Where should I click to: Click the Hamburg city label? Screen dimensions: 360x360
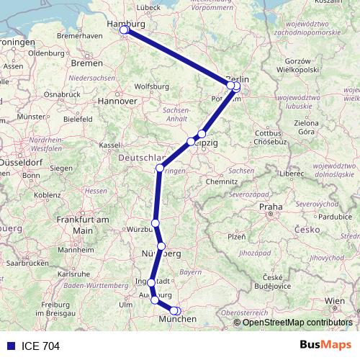126,23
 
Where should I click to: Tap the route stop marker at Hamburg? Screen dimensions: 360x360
124,30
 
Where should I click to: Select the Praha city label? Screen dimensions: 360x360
271,207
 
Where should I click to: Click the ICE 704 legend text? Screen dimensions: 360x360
40,346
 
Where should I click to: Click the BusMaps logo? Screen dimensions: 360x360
325,345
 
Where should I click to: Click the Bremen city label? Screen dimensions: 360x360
87,63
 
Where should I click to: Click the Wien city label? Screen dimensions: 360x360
334,300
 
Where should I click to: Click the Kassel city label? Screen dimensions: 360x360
109,145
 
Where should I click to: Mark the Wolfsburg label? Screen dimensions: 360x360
150,87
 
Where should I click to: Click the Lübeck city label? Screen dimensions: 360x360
148,7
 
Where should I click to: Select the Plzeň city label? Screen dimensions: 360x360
237,236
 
